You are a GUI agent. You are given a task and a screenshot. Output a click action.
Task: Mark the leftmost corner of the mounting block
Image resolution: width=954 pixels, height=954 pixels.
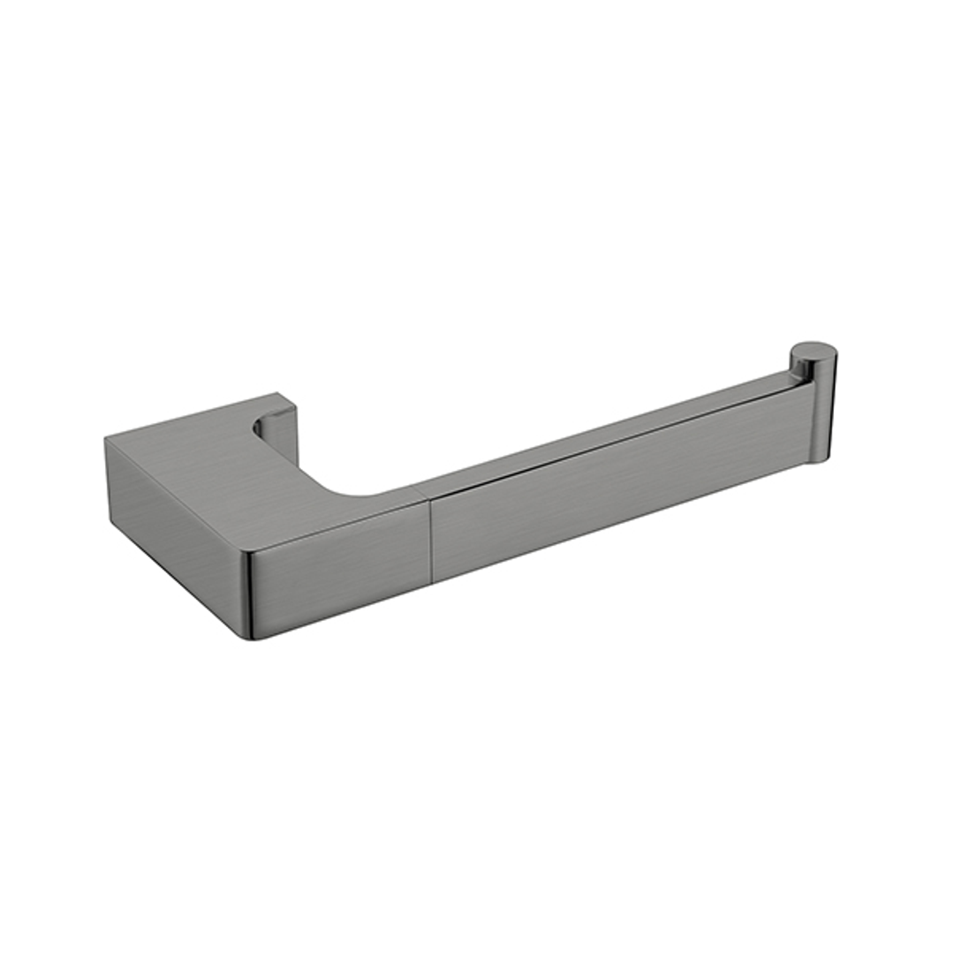point(106,439)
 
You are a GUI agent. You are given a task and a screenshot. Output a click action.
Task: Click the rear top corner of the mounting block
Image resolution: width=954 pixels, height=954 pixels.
point(277,394)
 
